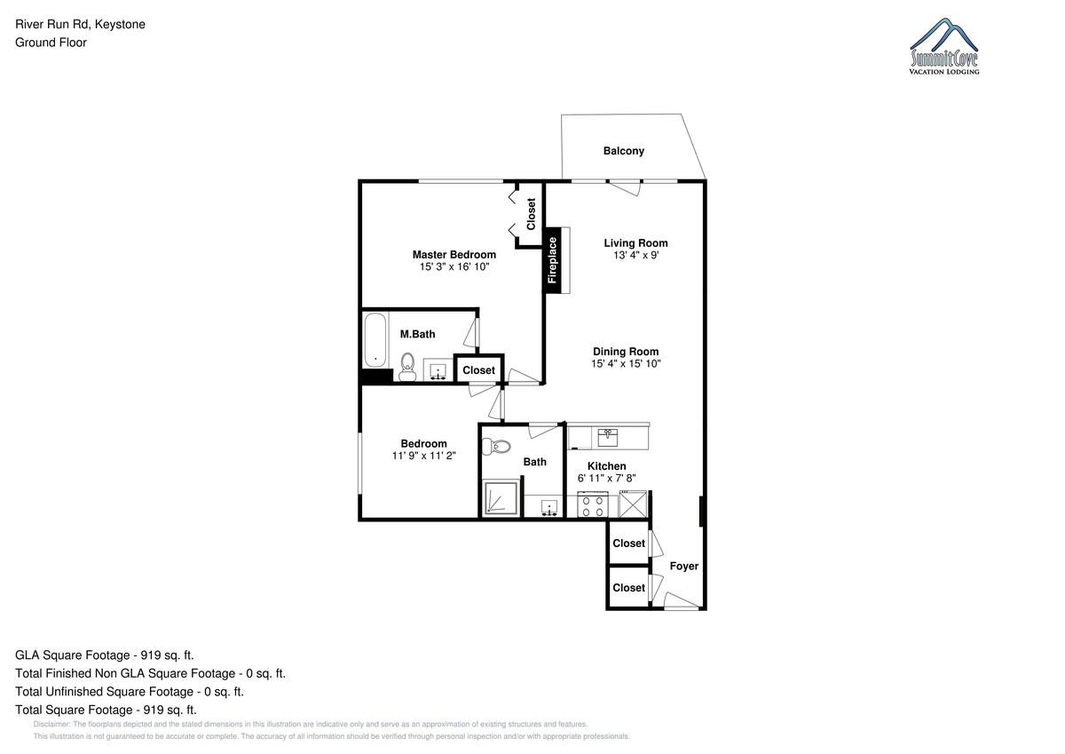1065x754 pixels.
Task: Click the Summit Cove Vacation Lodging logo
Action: click(x=944, y=46)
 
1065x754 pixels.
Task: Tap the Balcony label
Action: click(x=624, y=151)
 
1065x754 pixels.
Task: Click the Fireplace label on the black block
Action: click(x=552, y=260)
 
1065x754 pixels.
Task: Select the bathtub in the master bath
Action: click(x=375, y=339)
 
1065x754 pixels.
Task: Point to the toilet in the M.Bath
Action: click(x=407, y=367)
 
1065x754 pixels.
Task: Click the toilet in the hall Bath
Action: click(x=496, y=446)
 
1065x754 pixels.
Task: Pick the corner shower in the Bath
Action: click(x=501, y=498)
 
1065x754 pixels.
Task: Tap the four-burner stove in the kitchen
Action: click(x=593, y=504)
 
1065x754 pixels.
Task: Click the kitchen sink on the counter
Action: click(x=608, y=437)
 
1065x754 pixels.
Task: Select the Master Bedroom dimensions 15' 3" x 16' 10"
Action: click(x=454, y=266)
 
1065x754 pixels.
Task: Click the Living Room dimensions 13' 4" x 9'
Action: click(x=635, y=256)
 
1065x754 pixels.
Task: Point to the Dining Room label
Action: click(x=626, y=352)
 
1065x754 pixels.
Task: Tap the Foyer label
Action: click(x=684, y=566)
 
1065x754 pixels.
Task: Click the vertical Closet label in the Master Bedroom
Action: click(x=531, y=214)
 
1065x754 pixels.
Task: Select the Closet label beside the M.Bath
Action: click(x=478, y=370)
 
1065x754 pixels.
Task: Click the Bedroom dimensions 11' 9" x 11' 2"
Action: click(x=423, y=456)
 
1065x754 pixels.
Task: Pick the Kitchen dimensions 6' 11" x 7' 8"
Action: click(x=607, y=478)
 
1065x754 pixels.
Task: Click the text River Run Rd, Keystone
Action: click(x=81, y=24)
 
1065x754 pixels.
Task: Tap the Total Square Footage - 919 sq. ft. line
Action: click(x=106, y=710)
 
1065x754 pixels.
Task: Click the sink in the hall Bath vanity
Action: click(x=549, y=508)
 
